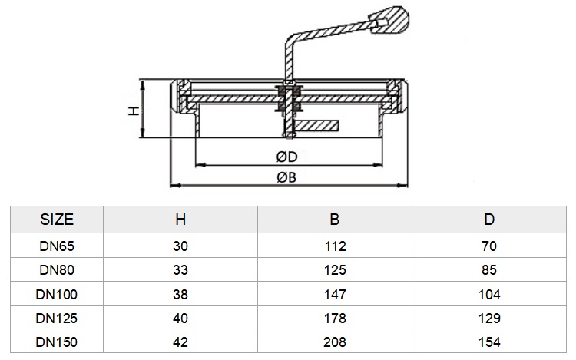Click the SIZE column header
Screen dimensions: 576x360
pyautogui.click(x=57, y=220)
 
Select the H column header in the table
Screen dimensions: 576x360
pyautogui.click(x=180, y=220)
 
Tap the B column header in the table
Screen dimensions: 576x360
pyautogui.click(x=335, y=220)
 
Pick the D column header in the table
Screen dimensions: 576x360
pyautogui.click(x=489, y=220)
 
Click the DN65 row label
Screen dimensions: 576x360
pyautogui.click(x=57, y=246)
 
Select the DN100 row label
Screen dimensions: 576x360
pyautogui.click(x=57, y=294)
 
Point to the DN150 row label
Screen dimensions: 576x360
pyautogui.click(x=57, y=342)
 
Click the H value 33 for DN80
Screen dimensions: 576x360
pyautogui.click(x=180, y=270)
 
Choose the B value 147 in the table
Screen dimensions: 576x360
pyautogui.click(x=335, y=294)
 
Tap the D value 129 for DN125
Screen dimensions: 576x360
pyautogui.click(x=489, y=318)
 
